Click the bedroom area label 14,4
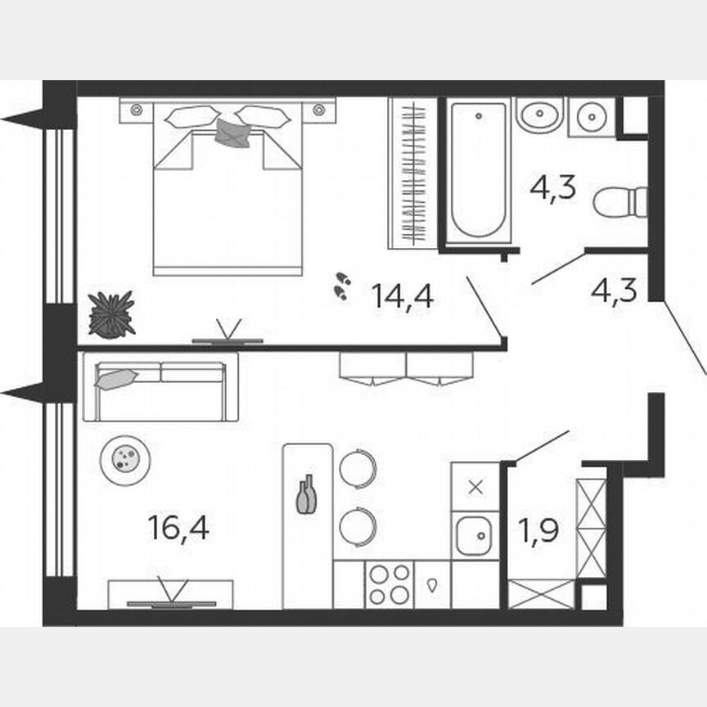tap(402, 295)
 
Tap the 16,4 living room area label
tap(178, 528)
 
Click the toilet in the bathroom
tap(620, 202)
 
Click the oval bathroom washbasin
tap(539, 115)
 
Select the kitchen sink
tap(474, 536)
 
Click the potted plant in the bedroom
tap(112, 314)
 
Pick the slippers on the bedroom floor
tap(342, 286)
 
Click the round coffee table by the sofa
tap(125, 458)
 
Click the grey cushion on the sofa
tap(115, 378)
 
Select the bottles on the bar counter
tap(306, 495)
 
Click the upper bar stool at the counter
tap(358, 469)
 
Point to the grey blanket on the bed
tap(232, 133)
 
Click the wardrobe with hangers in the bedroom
tap(412, 173)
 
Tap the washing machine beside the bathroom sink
tap(591, 117)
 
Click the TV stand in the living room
tap(171, 594)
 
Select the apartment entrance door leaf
tap(684, 337)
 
